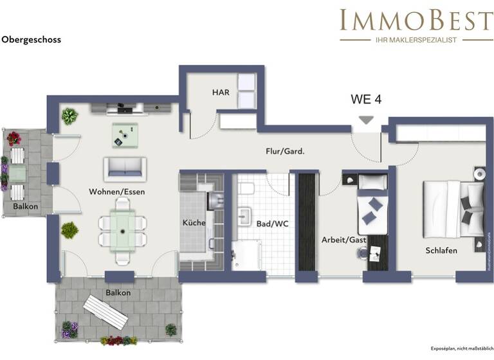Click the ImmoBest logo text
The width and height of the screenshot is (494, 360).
(x=416, y=21)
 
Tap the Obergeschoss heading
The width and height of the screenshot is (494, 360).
(x=31, y=40)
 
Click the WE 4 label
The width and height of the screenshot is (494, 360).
(x=366, y=100)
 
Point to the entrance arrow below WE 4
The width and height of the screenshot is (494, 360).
(x=366, y=120)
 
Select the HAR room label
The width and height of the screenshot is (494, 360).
(x=221, y=93)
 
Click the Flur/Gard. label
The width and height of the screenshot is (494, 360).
(x=285, y=152)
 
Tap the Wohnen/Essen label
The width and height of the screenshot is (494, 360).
(x=117, y=192)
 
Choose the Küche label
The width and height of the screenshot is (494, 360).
(x=194, y=222)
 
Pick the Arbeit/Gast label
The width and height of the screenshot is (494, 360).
(x=343, y=240)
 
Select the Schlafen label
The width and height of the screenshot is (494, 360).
(x=441, y=250)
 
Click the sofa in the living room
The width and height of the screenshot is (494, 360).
(x=125, y=168)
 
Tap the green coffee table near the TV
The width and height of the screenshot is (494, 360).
(x=125, y=133)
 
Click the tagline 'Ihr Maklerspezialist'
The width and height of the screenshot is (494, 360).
(x=416, y=40)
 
